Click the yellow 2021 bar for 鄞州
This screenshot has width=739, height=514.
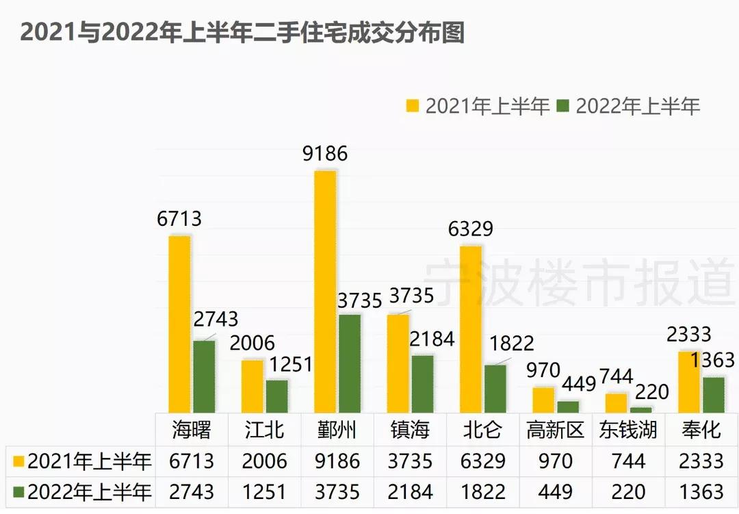[325, 291]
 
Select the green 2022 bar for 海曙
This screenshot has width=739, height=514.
[204, 376]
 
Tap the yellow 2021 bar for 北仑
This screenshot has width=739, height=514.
[471, 329]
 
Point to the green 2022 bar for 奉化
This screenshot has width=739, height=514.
[713, 395]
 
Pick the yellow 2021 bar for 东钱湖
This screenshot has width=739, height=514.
[616, 403]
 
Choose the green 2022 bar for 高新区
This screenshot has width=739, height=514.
[568, 407]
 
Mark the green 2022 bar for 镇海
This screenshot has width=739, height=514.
[422, 383]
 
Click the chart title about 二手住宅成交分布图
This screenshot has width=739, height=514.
[242, 32]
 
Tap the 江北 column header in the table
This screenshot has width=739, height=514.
[264, 430]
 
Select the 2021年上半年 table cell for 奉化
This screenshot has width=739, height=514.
[701, 461]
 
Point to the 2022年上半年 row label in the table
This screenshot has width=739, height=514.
[81, 491]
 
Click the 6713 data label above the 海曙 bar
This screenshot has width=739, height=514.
[179, 218]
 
